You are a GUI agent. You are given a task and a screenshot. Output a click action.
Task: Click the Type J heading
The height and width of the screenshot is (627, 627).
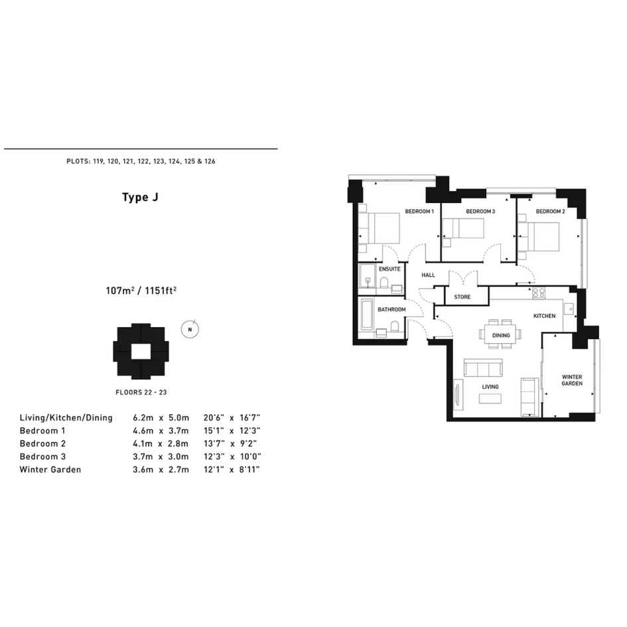click(x=141, y=198)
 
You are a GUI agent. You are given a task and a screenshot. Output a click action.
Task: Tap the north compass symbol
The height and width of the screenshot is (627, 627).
click(x=190, y=330)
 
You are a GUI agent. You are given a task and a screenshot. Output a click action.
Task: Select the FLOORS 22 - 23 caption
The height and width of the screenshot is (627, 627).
click(x=141, y=392)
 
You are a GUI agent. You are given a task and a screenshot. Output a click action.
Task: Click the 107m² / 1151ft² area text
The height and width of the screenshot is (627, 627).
click(x=141, y=291)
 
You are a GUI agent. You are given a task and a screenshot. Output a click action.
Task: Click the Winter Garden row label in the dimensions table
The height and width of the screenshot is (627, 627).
click(x=50, y=470)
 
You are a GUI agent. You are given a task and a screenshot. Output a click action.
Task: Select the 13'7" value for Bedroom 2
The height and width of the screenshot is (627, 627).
click(x=214, y=443)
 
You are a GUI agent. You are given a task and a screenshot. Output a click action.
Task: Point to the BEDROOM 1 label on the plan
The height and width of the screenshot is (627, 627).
click(x=419, y=211)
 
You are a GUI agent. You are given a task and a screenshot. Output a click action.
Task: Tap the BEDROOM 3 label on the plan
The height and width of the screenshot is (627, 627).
click(x=480, y=211)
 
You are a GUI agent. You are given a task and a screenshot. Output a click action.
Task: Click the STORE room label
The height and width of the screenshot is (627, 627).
click(x=462, y=297)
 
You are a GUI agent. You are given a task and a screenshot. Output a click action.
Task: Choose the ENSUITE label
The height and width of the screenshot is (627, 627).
click(x=389, y=269)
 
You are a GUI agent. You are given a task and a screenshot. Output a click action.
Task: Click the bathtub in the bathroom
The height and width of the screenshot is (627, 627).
click(x=367, y=314)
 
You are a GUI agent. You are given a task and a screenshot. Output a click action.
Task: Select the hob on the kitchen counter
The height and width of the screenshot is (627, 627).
click(x=539, y=293)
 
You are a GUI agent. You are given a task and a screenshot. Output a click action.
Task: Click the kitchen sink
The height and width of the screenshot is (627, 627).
click(x=569, y=309)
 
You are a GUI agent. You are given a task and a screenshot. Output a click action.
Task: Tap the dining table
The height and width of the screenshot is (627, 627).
click(x=501, y=336)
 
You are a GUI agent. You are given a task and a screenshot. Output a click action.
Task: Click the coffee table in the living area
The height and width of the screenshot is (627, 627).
click(x=490, y=399)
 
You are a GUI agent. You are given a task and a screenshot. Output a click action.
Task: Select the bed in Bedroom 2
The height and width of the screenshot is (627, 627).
click(x=543, y=237)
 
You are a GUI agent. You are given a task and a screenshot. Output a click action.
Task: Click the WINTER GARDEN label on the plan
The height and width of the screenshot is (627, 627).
click(x=572, y=380)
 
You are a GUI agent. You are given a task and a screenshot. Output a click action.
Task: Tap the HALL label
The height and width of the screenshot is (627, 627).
click(x=428, y=275)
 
